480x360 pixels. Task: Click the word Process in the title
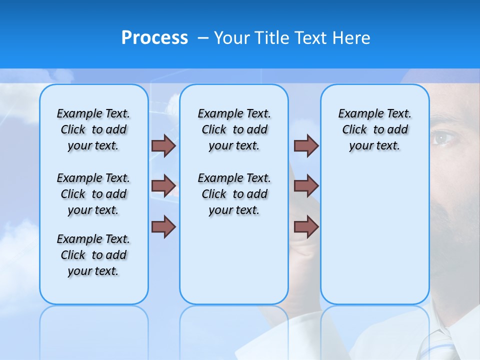point(154,38)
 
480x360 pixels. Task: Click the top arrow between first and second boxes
point(163,145)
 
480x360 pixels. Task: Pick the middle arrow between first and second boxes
point(163,185)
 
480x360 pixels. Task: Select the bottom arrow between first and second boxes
point(163,227)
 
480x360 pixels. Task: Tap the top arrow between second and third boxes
point(306,145)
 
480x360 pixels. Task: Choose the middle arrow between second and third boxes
point(306,185)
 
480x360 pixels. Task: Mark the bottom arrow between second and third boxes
point(306,227)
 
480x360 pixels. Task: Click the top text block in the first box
point(93,129)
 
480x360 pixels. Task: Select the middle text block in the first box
point(93,194)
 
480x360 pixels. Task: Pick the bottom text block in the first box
point(93,255)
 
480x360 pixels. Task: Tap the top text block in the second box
point(234,129)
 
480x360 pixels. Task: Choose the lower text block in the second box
point(234,194)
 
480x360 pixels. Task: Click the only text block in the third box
point(374,129)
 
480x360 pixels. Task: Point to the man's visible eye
point(443,137)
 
